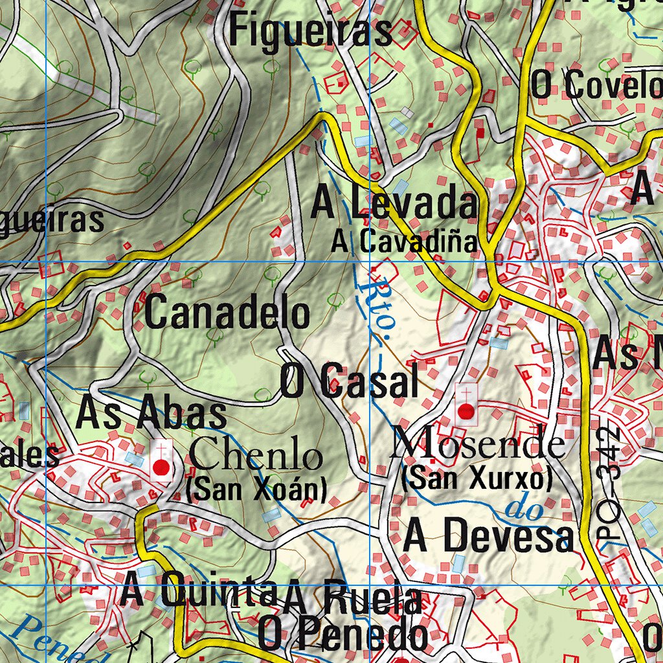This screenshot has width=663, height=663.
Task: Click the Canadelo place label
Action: tap(227, 313)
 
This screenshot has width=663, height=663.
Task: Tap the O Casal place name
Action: tap(349, 381)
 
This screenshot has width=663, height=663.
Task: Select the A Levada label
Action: tap(394, 204)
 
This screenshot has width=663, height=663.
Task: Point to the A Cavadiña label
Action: tap(405, 242)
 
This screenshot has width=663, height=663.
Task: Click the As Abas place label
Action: tap(152, 414)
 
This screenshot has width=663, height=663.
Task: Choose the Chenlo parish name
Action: tap(256, 456)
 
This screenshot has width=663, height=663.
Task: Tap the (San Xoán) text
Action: tap(256, 490)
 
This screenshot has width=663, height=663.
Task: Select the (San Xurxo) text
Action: tap(477, 479)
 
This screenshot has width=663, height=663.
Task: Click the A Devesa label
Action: tap(488, 538)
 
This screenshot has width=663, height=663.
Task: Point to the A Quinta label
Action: tap(199, 593)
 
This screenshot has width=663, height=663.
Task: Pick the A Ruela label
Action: tap(353, 599)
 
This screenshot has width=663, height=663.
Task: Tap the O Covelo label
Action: tap(596, 85)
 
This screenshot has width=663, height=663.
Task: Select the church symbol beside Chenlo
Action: tap(161, 461)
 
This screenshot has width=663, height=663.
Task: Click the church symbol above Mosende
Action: tap(466, 405)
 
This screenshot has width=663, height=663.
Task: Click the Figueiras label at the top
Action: tap(311, 31)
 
